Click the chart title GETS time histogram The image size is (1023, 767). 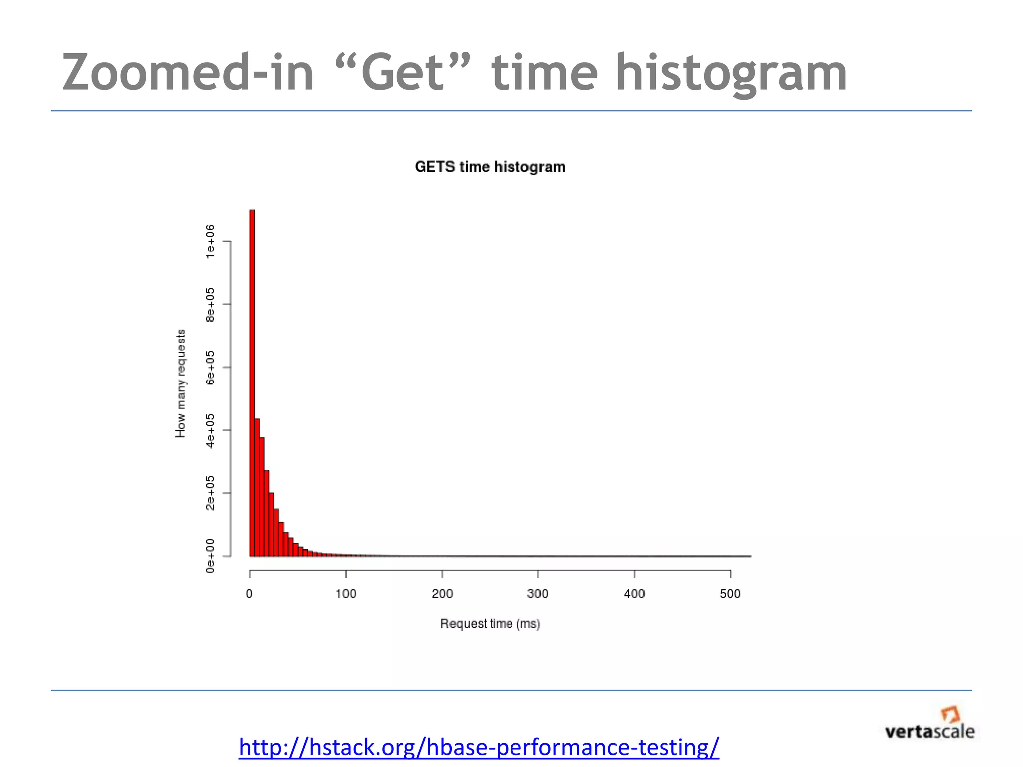[x=490, y=167]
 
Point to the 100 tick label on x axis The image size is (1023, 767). [x=346, y=594]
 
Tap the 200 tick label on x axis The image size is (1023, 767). [x=442, y=594]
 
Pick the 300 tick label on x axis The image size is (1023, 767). [x=538, y=594]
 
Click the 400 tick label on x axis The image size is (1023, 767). [x=634, y=594]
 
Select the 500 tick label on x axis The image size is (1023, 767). [x=730, y=594]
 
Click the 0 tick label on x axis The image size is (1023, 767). [x=249, y=594]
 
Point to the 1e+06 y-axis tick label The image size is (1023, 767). [x=210, y=241]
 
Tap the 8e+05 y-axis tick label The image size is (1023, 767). [x=210, y=305]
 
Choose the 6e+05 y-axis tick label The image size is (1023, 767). [x=210, y=368]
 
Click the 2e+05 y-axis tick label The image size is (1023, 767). [x=210, y=493]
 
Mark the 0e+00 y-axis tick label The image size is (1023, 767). [x=210, y=556]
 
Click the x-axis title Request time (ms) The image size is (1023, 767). [x=490, y=624]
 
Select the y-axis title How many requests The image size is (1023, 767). [x=180, y=383]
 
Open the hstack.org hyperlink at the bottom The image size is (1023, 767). [x=479, y=748]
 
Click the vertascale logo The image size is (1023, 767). [x=929, y=724]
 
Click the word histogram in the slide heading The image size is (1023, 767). [x=731, y=73]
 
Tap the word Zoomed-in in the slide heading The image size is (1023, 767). [x=188, y=73]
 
